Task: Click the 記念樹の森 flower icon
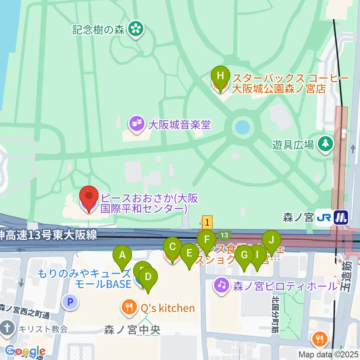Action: [136, 30]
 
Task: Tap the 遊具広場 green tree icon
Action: [325, 144]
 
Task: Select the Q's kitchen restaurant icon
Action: [129, 308]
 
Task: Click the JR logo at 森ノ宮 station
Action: [322, 217]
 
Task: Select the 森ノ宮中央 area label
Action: [132, 330]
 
